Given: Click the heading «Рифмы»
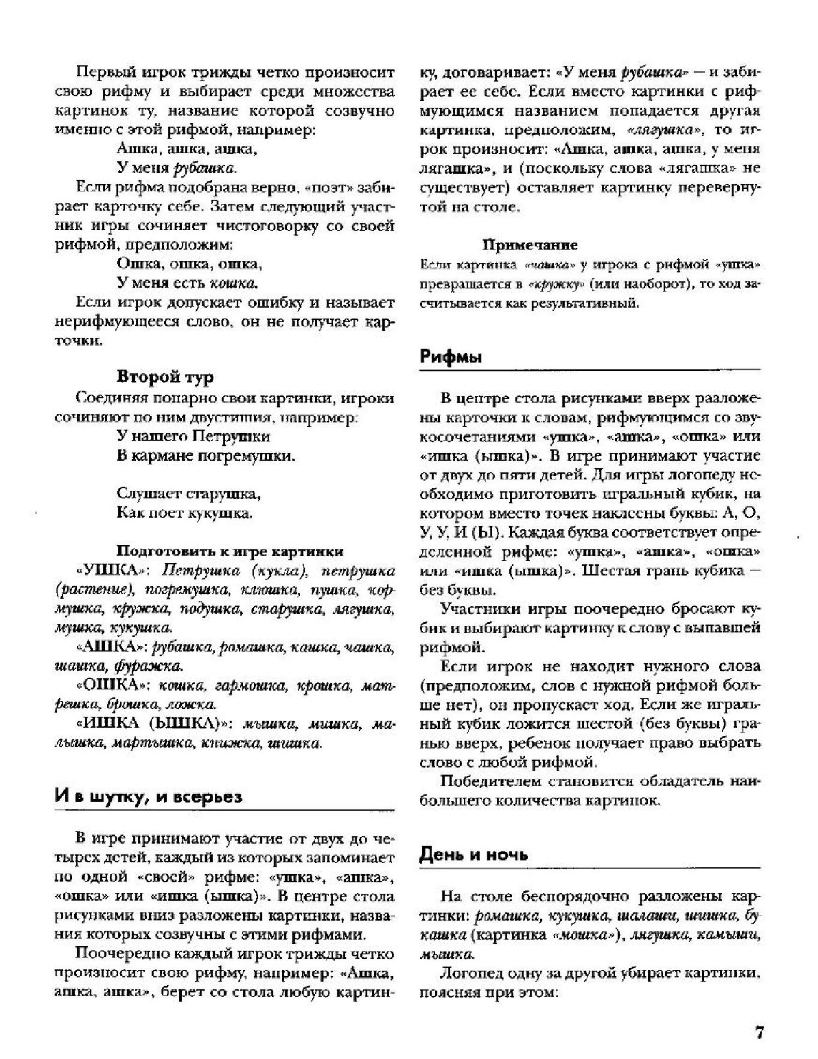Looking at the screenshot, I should [451, 357].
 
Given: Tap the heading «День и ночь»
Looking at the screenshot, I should [474, 855].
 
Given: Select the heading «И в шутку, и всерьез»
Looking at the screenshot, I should [148, 797].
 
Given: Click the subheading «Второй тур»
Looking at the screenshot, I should [165, 377].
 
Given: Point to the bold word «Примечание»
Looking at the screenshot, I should [530, 245].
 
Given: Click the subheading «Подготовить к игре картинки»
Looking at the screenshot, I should [230, 551].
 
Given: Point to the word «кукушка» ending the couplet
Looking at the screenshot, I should [220, 514].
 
